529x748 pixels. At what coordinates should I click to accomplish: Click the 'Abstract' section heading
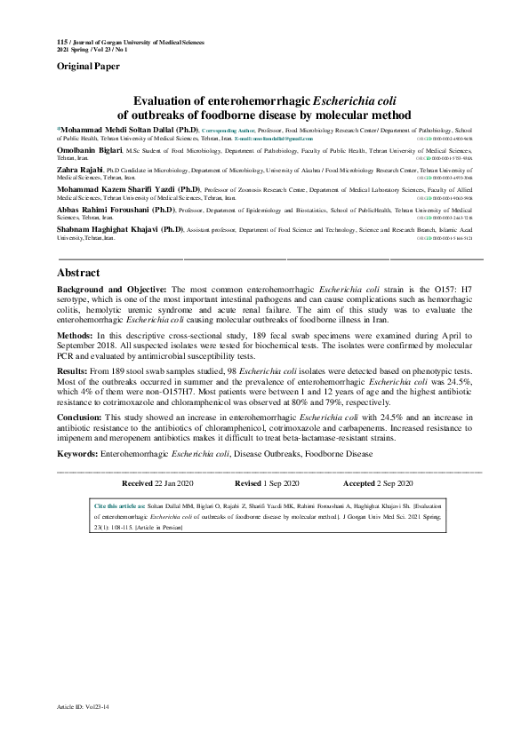[78, 273]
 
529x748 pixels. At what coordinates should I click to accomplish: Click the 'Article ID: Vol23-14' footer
[83, 706]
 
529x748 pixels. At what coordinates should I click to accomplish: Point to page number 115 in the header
[61, 42]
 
